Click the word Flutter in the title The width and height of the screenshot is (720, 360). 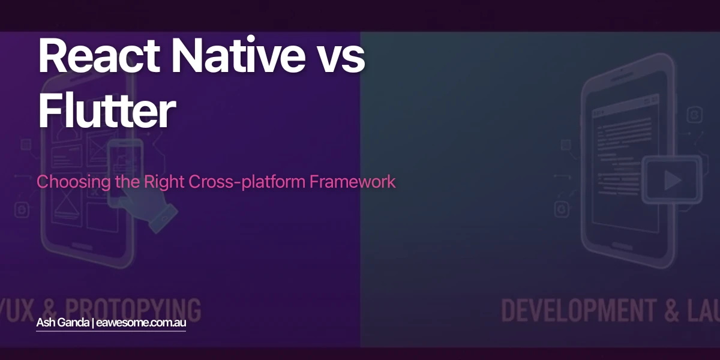point(107,112)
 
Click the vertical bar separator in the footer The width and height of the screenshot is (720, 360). point(92,323)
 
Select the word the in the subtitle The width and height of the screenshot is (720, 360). point(127,182)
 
